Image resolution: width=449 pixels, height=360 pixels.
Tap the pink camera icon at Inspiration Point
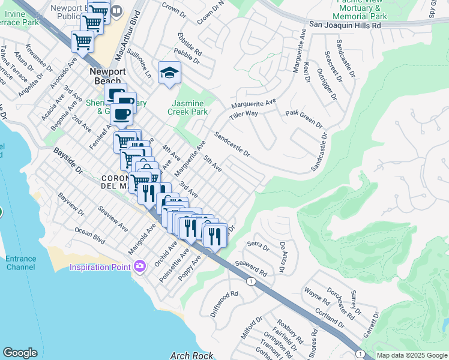pos(140,266)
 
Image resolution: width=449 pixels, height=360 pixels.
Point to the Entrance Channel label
pos(20,263)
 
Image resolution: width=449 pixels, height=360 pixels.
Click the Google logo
pos(20,353)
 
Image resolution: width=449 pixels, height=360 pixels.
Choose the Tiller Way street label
pos(243,113)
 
